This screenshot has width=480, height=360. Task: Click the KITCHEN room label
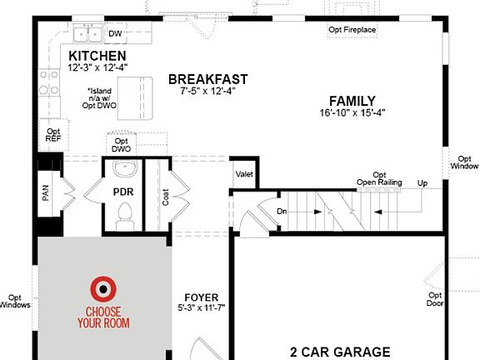[x=97, y=54]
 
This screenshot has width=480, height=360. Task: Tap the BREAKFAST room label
[x=207, y=79]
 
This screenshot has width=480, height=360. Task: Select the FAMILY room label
[x=352, y=99]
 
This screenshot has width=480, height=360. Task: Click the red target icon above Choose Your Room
[x=103, y=288]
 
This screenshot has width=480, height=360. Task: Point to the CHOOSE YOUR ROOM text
[x=103, y=318]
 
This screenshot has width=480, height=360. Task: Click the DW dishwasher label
[x=115, y=34]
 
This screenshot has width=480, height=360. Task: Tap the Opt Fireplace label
[x=352, y=31]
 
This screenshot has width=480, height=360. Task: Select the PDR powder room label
[x=123, y=192]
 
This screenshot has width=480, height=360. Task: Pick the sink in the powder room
[x=124, y=171]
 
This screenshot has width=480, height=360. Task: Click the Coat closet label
[x=165, y=197]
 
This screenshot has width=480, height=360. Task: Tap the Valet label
[x=244, y=173]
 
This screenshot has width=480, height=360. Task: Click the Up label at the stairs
[x=422, y=182]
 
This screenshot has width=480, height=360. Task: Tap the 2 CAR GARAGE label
[x=341, y=352]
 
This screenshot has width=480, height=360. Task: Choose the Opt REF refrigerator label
[x=53, y=136]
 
